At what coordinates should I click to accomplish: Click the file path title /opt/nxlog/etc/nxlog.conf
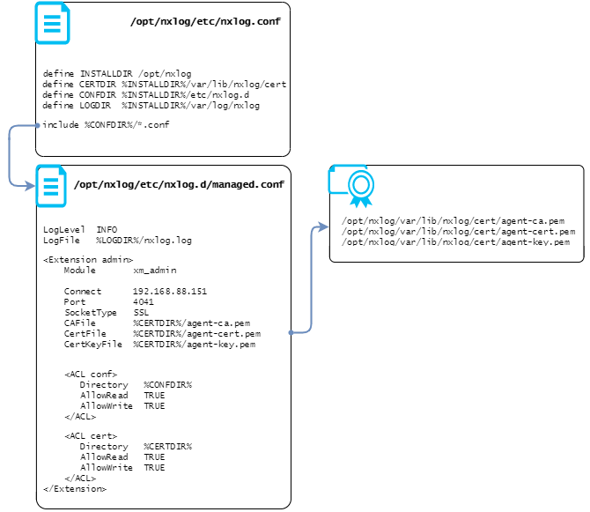(x=205, y=21)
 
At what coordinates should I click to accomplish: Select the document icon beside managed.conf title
(x=51, y=186)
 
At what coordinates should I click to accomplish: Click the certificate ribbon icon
(x=359, y=187)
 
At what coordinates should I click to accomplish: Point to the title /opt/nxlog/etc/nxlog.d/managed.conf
(x=179, y=185)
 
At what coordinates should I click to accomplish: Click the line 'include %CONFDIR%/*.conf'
(x=106, y=125)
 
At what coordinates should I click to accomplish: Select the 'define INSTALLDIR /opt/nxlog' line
(x=117, y=74)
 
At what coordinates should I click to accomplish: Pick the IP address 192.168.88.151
(x=170, y=292)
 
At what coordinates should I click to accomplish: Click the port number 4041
(x=143, y=302)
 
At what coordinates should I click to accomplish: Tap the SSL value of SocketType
(x=141, y=313)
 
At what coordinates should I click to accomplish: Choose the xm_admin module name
(x=155, y=271)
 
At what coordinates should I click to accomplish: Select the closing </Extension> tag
(x=75, y=489)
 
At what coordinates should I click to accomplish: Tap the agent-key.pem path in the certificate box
(x=455, y=242)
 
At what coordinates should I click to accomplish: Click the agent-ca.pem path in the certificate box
(x=453, y=221)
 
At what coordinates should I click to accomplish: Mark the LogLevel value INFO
(x=107, y=229)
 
